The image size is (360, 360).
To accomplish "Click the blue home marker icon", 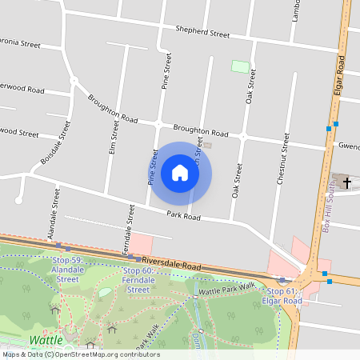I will [x=180, y=173].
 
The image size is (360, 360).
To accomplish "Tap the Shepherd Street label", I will [x=203, y=33].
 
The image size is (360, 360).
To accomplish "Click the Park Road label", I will [x=183, y=216].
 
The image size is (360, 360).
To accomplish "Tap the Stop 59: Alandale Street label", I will [x=67, y=270].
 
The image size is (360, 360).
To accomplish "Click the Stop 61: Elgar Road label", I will [x=282, y=295].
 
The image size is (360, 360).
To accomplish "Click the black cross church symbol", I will [x=346, y=182].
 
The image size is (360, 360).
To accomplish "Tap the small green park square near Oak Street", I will [x=240, y=66].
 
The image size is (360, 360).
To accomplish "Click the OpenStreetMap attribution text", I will [x=80, y=354].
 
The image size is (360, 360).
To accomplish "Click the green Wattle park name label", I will [x=45, y=340].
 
